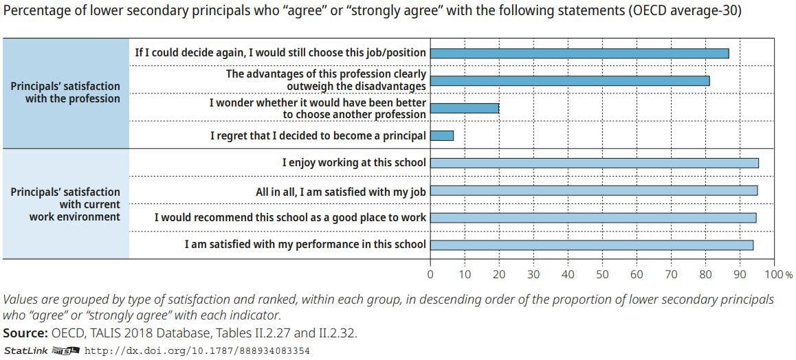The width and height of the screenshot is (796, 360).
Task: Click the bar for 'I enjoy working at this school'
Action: (x=594, y=163)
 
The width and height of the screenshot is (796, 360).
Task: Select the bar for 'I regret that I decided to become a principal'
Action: (x=441, y=136)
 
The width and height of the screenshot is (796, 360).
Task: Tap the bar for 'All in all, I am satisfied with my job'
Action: (x=593, y=190)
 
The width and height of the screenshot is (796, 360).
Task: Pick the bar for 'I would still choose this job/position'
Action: (x=579, y=53)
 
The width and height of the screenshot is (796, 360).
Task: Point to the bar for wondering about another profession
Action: (x=464, y=108)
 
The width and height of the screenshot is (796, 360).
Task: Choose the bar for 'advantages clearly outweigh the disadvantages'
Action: (x=569, y=81)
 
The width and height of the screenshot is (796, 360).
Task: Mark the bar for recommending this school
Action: (x=593, y=218)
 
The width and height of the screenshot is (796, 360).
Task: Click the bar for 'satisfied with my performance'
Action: (x=591, y=245)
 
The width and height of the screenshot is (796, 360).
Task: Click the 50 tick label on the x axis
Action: (x=602, y=275)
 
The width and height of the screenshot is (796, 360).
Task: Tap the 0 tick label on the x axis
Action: (x=430, y=275)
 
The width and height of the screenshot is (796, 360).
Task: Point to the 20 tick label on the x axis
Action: (x=499, y=275)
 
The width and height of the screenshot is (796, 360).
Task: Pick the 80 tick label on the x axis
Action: (x=705, y=275)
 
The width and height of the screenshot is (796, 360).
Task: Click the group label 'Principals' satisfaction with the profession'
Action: (x=65, y=92)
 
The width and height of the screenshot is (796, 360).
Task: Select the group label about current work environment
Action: (x=65, y=204)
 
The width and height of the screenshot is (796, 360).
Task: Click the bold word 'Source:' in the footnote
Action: (x=25, y=333)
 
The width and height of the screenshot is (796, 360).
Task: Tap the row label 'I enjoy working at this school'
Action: (x=354, y=163)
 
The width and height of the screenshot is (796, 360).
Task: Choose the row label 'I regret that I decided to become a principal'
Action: (x=318, y=136)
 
